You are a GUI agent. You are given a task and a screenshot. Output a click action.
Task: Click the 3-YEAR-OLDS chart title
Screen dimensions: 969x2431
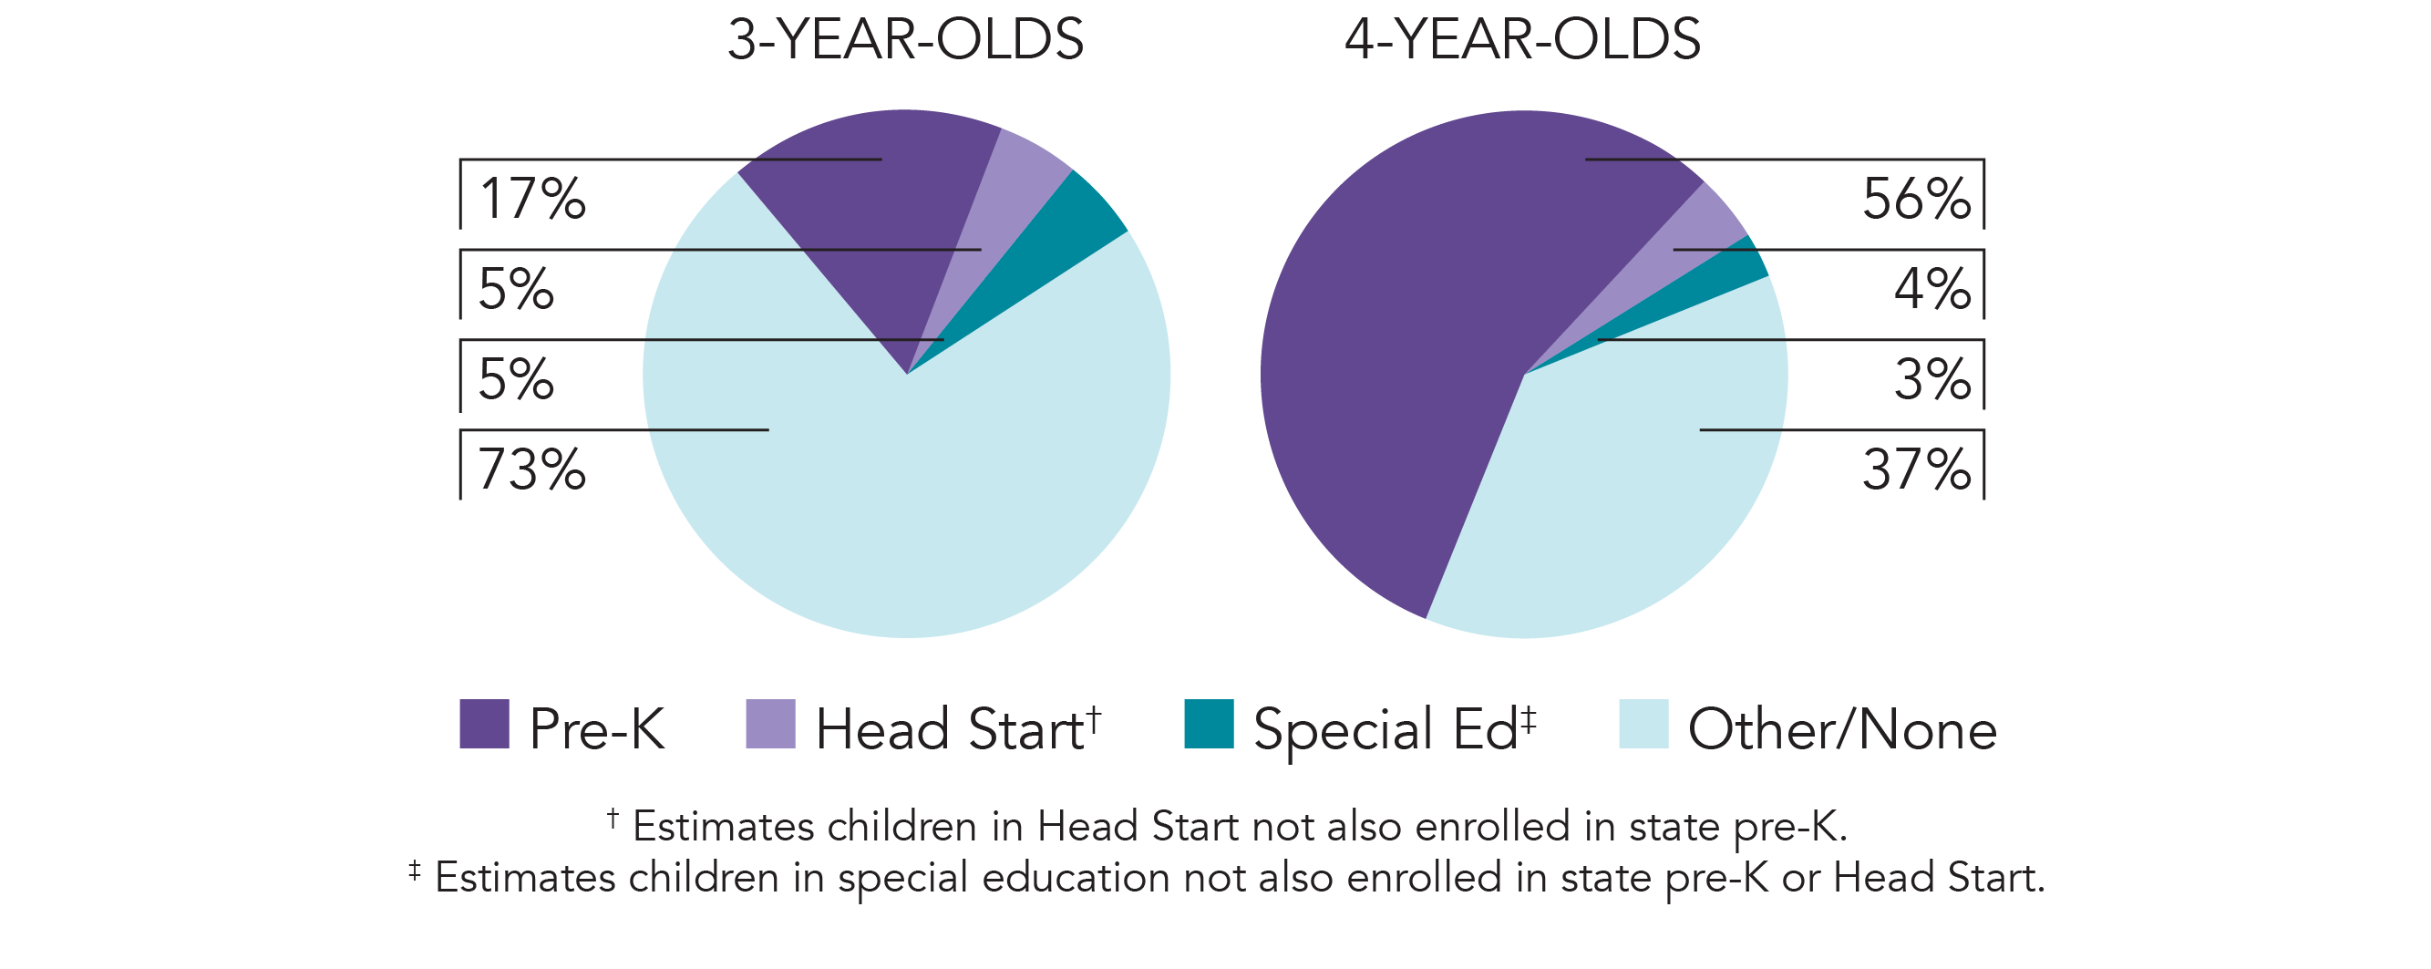tap(905, 39)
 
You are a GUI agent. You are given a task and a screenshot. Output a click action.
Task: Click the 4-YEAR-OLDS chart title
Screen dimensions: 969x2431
tap(1522, 39)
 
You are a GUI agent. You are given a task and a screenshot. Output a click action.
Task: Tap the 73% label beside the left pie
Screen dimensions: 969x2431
tap(532, 469)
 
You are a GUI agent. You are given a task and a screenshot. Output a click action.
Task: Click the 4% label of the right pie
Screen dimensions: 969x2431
tap(1931, 288)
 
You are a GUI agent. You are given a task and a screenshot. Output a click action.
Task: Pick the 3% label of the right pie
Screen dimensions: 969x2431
tap(1931, 378)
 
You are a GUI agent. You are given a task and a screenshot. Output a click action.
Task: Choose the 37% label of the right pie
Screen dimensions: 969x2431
tap(1916, 469)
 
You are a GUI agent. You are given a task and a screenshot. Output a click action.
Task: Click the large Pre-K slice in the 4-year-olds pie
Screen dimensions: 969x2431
tap(1396, 358)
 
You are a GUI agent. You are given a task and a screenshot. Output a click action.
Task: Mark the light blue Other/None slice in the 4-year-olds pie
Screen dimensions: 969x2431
tap(1623, 490)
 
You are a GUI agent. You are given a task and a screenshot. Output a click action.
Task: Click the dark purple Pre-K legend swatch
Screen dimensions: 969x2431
tap(484, 724)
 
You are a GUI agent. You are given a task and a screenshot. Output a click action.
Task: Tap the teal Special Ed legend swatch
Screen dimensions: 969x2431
tap(1209, 724)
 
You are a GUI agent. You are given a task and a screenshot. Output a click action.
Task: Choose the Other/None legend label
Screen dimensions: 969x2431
tap(1841, 728)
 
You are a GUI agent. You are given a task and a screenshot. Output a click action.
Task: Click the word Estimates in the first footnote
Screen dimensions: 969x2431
tap(724, 827)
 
